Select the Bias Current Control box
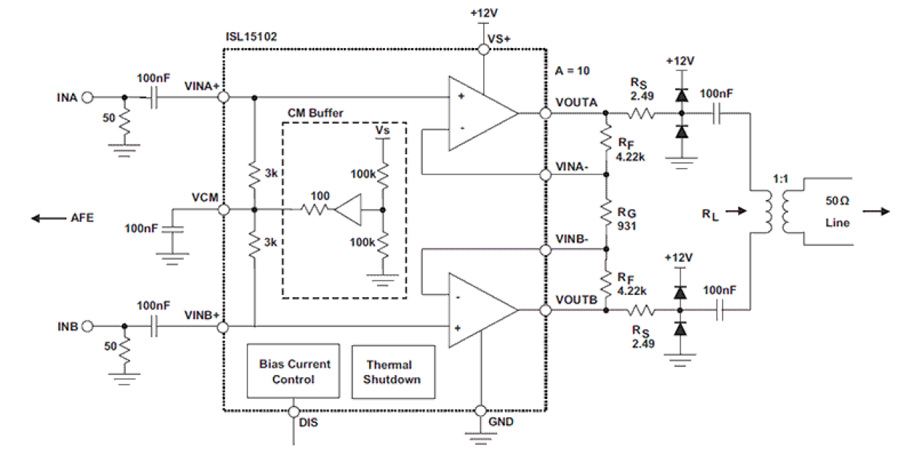coord(294,371)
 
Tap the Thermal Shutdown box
coord(393,372)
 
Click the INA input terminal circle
coord(88,97)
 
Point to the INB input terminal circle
coord(88,325)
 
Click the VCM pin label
coord(203,197)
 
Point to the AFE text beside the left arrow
coord(80,218)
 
